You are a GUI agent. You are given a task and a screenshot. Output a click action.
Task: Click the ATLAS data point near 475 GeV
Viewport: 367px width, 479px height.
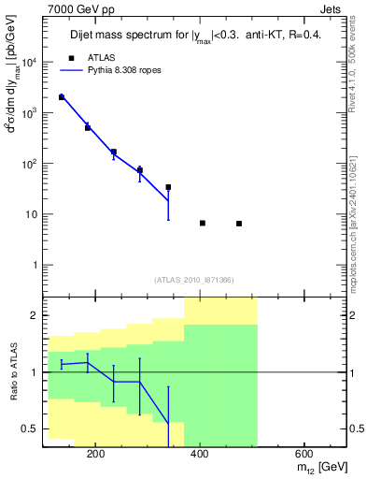pos(239,224)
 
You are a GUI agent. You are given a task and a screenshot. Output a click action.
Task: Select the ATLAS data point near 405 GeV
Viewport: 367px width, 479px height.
pos(203,223)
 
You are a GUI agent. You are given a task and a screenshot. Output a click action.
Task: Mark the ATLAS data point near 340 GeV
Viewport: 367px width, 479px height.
pos(168,187)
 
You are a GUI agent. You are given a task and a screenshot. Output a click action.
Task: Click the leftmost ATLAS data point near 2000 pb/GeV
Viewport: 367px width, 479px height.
pos(62,96)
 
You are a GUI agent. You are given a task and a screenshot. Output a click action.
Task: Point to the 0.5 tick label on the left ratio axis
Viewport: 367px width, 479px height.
pos(31,428)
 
